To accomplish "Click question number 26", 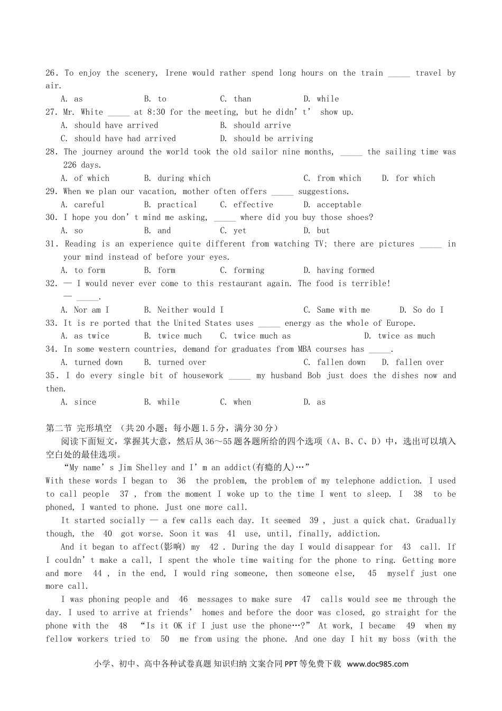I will click(x=51, y=73).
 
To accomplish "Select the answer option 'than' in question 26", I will click(x=243, y=99).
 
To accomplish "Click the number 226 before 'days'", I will click(x=70, y=165).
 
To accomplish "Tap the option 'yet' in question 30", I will click(x=240, y=231).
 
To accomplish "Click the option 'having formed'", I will click(x=345, y=270).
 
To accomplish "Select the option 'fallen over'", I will click(x=420, y=362).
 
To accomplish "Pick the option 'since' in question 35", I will click(x=85, y=402).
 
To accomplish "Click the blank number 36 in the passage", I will click(x=181, y=481).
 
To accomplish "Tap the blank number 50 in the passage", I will click(x=165, y=639).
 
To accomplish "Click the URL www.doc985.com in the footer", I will click(x=378, y=664).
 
